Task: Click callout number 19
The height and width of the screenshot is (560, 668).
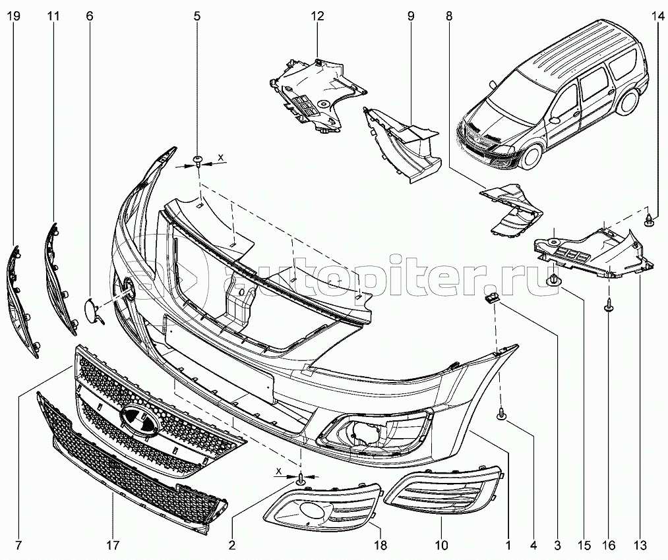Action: (14, 16)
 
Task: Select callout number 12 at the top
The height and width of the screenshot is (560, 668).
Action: (317, 16)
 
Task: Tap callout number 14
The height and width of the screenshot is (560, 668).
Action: (657, 16)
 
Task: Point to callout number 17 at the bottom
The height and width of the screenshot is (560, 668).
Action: (113, 545)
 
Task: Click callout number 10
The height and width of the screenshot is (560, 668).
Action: (441, 545)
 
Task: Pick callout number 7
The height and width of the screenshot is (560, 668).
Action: (19, 545)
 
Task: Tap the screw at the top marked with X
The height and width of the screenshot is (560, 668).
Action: (198, 161)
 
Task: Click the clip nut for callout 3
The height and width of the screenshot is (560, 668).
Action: (491, 298)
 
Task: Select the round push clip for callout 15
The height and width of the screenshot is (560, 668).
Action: (553, 281)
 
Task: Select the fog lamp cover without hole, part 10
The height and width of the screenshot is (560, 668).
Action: (443, 488)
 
